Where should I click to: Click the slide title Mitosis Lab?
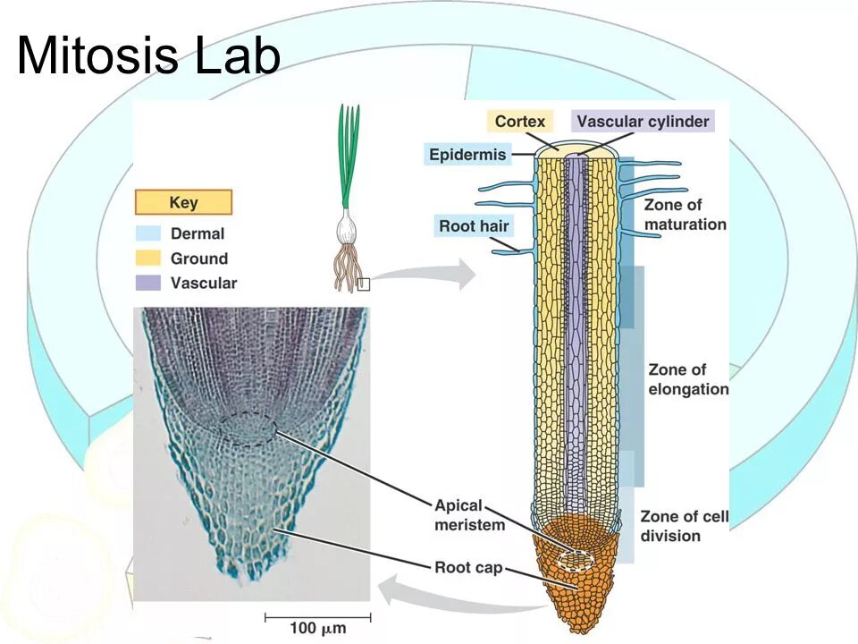pyautogui.click(x=148, y=55)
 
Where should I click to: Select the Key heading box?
pyautogui.click(x=183, y=202)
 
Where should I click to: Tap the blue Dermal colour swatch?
pyautogui.click(x=148, y=234)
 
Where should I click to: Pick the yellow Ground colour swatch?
pyautogui.click(x=148, y=258)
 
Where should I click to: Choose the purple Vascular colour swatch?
pyautogui.click(x=148, y=284)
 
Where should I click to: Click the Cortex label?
pyautogui.click(x=519, y=122)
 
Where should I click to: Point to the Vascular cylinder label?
pyautogui.click(x=642, y=122)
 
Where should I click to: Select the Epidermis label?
pyautogui.click(x=467, y=155)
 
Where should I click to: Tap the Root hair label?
pyautogui.click(x=473, y=225)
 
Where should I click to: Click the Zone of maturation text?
pyautogui.click(x=685, y=215)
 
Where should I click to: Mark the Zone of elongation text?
pyautogui.click(x=687, y=379)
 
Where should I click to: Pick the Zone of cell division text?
pyautogui.click(x=683, y=526)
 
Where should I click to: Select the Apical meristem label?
pyautogui.click(x=470, y=515)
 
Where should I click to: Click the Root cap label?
pyautogui.click(x=468, y=567)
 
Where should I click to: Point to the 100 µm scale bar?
pyautogui.click(x=317, y=616)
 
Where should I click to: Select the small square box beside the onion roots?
pyautogui.click(x=362, y=284)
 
